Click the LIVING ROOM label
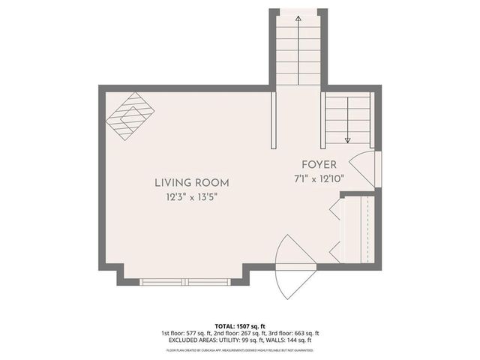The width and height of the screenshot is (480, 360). point(191,182)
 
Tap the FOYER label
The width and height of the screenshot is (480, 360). point(319,164)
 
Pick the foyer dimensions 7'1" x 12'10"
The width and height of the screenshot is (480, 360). point(319,178)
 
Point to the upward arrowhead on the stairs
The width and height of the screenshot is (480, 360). point(299,16)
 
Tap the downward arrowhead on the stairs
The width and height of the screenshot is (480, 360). point(348,139)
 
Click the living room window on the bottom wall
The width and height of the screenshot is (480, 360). point(187,282)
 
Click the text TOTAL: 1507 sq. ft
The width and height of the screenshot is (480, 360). point(240,326)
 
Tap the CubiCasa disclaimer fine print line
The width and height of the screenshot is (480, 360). point(240,349)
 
